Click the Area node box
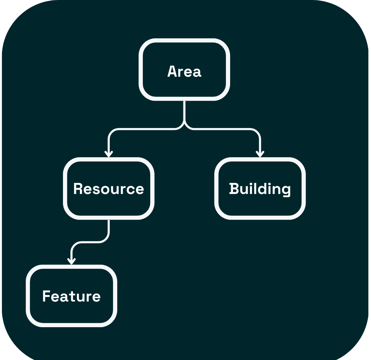pyautogui.click(x=184, y=70)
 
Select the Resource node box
pyautogui.click(x=109, y=188)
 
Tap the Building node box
pyautogui.click(x=260, y=188)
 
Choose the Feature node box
pyautogui.click(x=71, y=296)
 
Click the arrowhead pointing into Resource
pyautogui.click(x=109, y=154)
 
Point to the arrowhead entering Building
pyautogui.click(x=260, y=154)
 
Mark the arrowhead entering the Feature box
pyautogui.click(x=71, y=261)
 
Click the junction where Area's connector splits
pyautogui.click(x=184, y=125)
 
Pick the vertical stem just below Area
pyautogui.click(x=184, y=110)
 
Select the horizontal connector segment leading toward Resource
pyautogui.click(x=146, y=129)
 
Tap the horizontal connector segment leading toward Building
pyautogui.click(x=222, y=129)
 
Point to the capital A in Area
pyautogui.click(x=172, y=71)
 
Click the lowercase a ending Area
pyautogui.click(x=197, y=73)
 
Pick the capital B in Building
pyautogui.click(x=234, y=189)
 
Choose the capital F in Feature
pyautogui.click(x=46, y=296)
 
